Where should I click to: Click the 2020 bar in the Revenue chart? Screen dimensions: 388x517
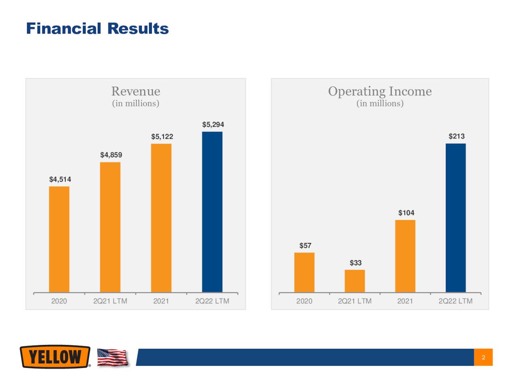tap(59, 239)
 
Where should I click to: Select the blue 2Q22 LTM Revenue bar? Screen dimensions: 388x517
tap(212, 212)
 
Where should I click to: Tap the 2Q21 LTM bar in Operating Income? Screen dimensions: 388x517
tap(355, 281)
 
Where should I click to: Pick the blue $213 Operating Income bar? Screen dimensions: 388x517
tap(456, 218)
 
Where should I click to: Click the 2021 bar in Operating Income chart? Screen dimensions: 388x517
tap(405, 256)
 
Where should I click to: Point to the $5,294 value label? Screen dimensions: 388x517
tap(213, 124)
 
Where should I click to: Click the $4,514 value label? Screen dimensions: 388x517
tap(60, 179)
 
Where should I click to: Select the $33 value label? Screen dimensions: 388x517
tap(355, 263)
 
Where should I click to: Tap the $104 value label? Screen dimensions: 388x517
tap(406, 213)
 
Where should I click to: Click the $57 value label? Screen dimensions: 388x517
tap(305, 245)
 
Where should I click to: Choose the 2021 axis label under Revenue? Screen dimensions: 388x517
tap(161, 301)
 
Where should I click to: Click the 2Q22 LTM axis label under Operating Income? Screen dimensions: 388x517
tap(455, 301)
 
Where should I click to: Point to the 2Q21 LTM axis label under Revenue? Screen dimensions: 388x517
tap(110, 301)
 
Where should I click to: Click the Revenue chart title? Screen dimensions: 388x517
tap(136, 91)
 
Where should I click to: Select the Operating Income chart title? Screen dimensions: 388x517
tap(380, 91)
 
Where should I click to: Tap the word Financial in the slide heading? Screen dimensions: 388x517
tap(63, 29)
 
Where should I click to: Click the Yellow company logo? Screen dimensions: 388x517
tap(55, 357)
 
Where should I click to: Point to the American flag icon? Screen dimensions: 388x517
tap(113, 357)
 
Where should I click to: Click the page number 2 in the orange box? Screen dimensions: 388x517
tap(483, 357)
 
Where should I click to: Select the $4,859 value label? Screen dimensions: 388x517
tap(111, 155)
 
